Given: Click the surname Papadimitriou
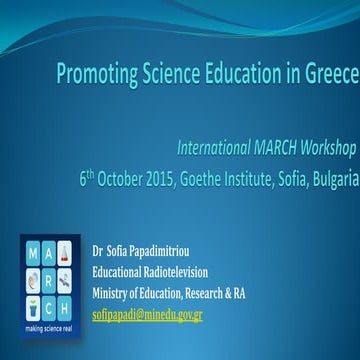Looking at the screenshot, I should click(173, 247).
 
